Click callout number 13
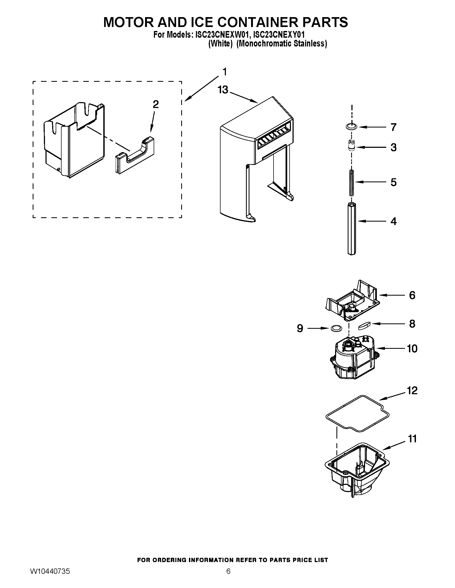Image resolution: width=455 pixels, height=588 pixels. [x=223, y=90]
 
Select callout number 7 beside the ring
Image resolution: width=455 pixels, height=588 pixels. [x=393, y=127]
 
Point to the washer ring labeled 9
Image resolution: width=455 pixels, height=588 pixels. [x=336, y=328]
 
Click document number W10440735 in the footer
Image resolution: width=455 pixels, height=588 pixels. [x=50, y=577]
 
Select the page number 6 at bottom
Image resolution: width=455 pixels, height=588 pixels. [x=228, y=577]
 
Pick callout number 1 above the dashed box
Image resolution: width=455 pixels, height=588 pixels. [x=225, y=72]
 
